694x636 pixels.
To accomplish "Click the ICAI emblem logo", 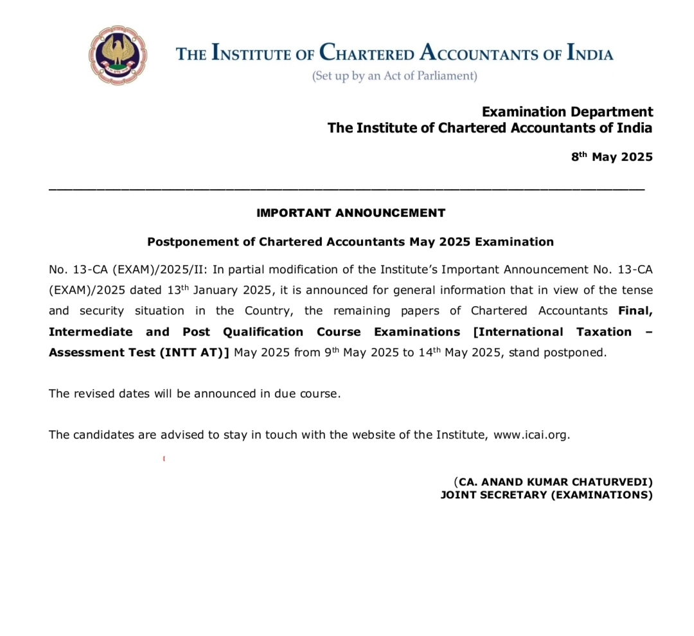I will (118, 56).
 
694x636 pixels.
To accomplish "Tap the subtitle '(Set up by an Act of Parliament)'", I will (395, 76).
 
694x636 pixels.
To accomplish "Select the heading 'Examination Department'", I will (567, 112).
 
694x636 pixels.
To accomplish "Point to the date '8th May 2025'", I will (612, 157).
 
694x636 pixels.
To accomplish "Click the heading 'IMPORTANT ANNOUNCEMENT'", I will (351, 213).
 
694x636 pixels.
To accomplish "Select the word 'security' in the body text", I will (102, 311).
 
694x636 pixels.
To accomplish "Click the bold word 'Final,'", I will (636, 311).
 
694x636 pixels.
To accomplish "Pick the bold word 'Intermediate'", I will (91, 332).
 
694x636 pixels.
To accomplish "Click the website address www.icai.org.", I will (531, 435).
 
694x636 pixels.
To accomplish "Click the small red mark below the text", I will (165, 459).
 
